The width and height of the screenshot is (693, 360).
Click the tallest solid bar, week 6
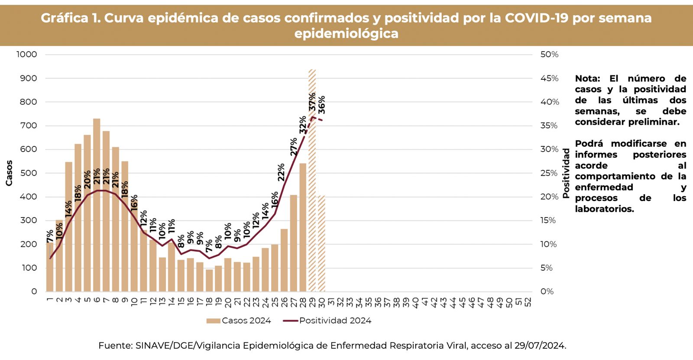click(x=97, y=208)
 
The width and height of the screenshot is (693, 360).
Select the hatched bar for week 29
click(x=312, y=182)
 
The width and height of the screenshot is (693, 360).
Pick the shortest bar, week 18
click(x=209, y=280)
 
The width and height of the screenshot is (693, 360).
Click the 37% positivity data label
click(x=312, y=102)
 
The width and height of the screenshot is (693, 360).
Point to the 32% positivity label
click(x=303, y=125)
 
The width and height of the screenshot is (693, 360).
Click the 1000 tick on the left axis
click(x=27, y=55)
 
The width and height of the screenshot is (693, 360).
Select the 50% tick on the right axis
click(x=549, y=55)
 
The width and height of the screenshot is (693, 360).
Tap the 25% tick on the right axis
click(x=549, y=173)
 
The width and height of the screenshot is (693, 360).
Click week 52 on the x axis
click(x=528, y=302)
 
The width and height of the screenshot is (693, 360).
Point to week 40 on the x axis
click(x=415, y=302)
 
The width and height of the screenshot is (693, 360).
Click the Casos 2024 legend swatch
click(x=214, y=321)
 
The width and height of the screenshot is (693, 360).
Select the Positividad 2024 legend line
click(x=290, y=321)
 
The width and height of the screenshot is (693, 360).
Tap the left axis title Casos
click(x=9, y=173)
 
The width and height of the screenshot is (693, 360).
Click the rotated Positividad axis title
click(x=566, y=173)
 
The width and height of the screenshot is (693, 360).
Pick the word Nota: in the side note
click(x=587, y=78)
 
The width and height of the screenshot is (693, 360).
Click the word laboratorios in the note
click(x=604, y=209)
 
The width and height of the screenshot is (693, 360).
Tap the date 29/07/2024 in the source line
click(x=540, y=346)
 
